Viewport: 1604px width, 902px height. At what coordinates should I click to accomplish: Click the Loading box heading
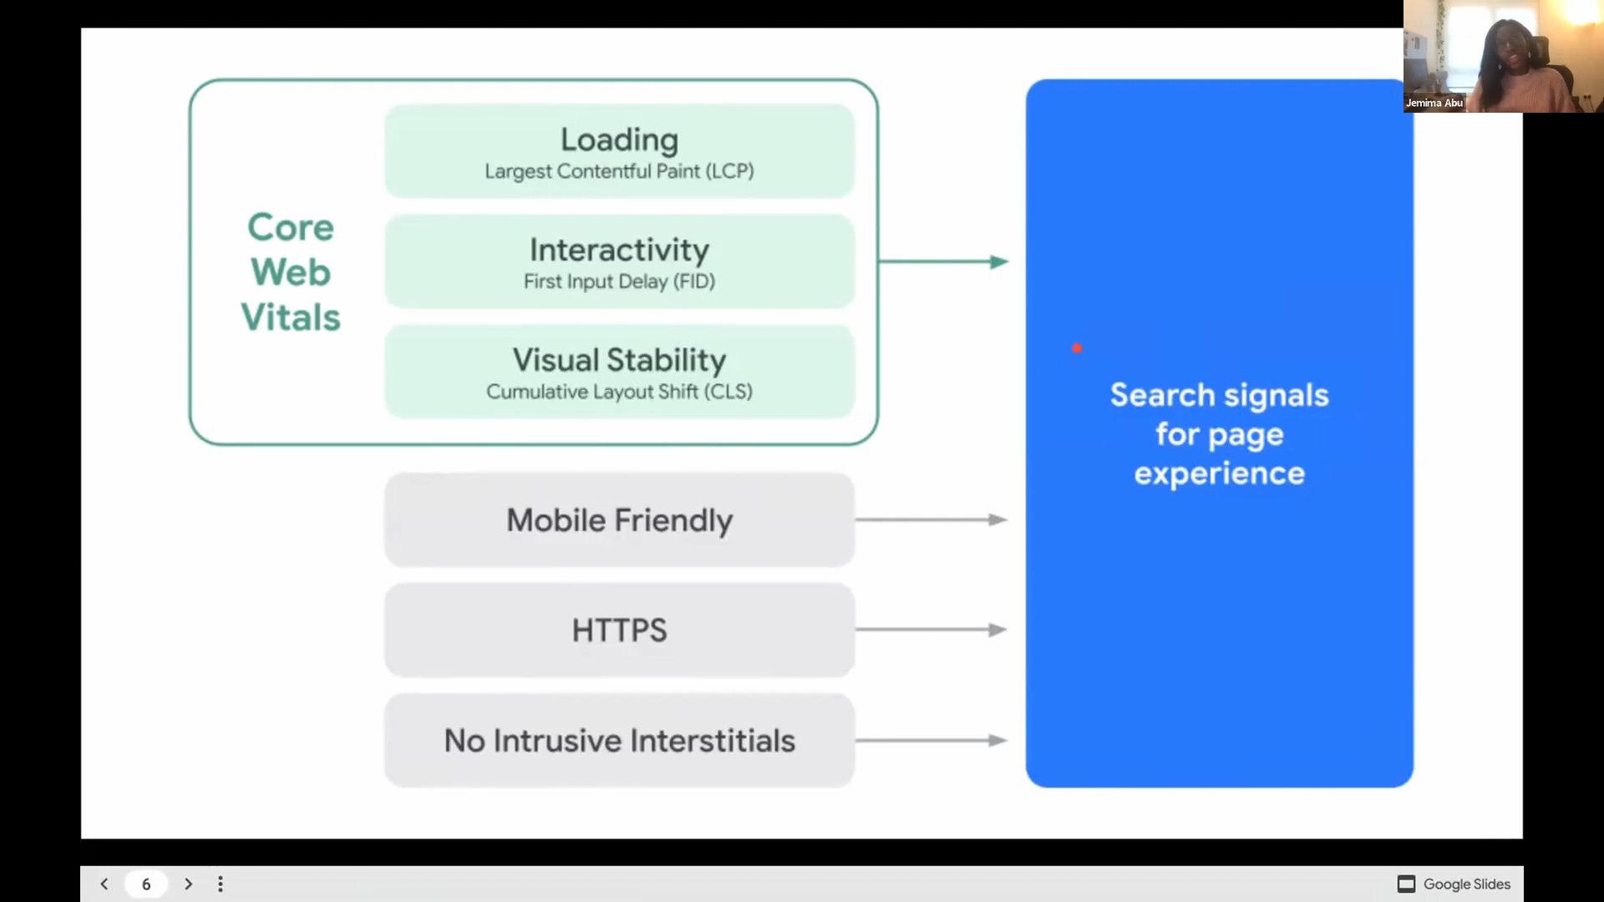[x=619, y=139]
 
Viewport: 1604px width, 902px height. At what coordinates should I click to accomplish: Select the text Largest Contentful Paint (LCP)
[x=619, y=171]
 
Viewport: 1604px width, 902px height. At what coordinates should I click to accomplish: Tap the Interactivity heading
[x=619, y=250]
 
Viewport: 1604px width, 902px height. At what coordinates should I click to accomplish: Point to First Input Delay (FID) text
[x=619, y=281]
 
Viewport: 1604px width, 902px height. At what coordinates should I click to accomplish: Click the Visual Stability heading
[x=619, y=360]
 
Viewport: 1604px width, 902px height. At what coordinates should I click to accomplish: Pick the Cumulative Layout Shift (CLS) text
[x=619, y=392]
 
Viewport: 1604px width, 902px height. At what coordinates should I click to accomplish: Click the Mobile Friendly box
[x=619, y=519]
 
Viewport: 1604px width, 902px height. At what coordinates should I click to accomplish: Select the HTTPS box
[x=619, y=630]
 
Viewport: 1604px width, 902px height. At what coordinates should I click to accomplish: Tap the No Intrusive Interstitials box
[x=619, y=740]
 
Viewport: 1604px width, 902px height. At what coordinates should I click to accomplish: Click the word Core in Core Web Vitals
[x=291, y=227]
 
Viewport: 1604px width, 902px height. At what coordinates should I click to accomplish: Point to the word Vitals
[x=291, y=317]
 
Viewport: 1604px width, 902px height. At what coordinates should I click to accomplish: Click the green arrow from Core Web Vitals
[x=943, y=261]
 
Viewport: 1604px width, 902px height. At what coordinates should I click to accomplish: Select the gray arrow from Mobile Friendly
[x=931, y=519]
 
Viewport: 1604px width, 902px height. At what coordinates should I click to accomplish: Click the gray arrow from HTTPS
[x=931, y=630]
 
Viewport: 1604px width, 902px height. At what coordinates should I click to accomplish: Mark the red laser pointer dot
[x=1077, y=347]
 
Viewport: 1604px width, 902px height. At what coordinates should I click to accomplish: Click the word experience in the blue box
[x=1219, y=474]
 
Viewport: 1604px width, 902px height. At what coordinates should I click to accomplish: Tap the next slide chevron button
[x=188, y=884]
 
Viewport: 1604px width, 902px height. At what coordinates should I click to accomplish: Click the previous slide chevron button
[x=104, y=884]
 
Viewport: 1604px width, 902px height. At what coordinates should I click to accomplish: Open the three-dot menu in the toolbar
[x=220, y=884]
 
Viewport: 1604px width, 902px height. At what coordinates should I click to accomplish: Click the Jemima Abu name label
[x=1434, y=103]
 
